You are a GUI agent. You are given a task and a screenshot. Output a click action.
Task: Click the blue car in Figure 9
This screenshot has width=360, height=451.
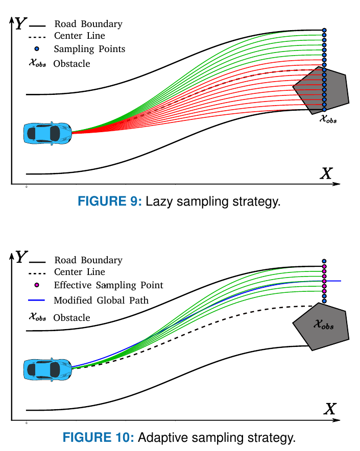point(47,133)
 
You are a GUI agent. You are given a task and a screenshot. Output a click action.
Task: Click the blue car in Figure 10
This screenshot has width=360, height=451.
point(47,369)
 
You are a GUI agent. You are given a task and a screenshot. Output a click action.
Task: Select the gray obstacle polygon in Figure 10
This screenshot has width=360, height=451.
point(322,327)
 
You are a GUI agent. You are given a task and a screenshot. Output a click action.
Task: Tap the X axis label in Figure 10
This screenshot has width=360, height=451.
point(330,409)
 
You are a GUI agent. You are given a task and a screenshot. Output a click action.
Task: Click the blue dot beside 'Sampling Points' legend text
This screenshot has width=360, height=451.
point(37,49)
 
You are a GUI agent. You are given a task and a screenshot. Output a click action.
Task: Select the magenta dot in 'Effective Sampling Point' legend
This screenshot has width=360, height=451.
point(37,285)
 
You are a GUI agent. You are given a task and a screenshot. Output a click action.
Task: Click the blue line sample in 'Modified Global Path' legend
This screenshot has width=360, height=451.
point(37,300)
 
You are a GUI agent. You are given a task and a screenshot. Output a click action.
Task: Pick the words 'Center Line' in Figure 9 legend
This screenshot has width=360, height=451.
point(80,36)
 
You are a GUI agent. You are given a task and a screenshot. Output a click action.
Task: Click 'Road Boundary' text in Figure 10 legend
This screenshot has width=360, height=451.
point(88,260)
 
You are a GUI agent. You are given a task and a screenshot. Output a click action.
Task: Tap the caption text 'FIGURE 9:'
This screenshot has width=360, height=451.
point(109,201)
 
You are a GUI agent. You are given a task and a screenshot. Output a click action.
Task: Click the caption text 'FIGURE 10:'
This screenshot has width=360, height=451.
point(98,437)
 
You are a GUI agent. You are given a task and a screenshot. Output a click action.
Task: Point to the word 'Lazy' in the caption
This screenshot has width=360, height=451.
point(159,201)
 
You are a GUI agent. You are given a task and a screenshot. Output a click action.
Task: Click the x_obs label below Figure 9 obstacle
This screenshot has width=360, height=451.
point(328,119)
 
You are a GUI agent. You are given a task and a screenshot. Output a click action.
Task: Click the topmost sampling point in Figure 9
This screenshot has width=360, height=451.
point(324,31)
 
